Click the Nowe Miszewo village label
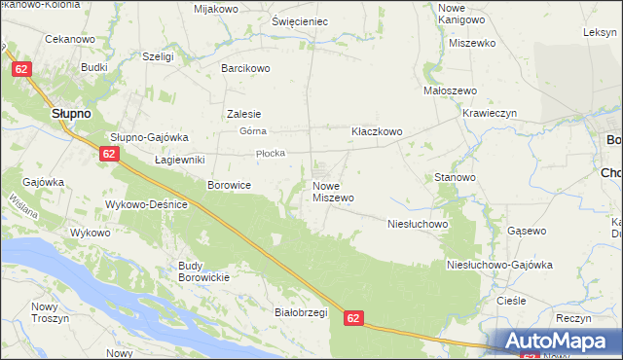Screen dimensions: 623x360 332,191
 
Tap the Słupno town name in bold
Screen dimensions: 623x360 71,113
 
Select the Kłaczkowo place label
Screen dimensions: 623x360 377,130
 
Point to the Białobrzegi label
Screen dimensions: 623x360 274,312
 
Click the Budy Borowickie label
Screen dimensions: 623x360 202,271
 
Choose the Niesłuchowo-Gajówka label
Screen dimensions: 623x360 498,265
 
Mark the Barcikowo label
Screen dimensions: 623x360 245,68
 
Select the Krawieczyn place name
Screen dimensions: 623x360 495,112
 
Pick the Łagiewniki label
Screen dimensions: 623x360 178,159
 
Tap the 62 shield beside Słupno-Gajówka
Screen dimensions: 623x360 108,154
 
